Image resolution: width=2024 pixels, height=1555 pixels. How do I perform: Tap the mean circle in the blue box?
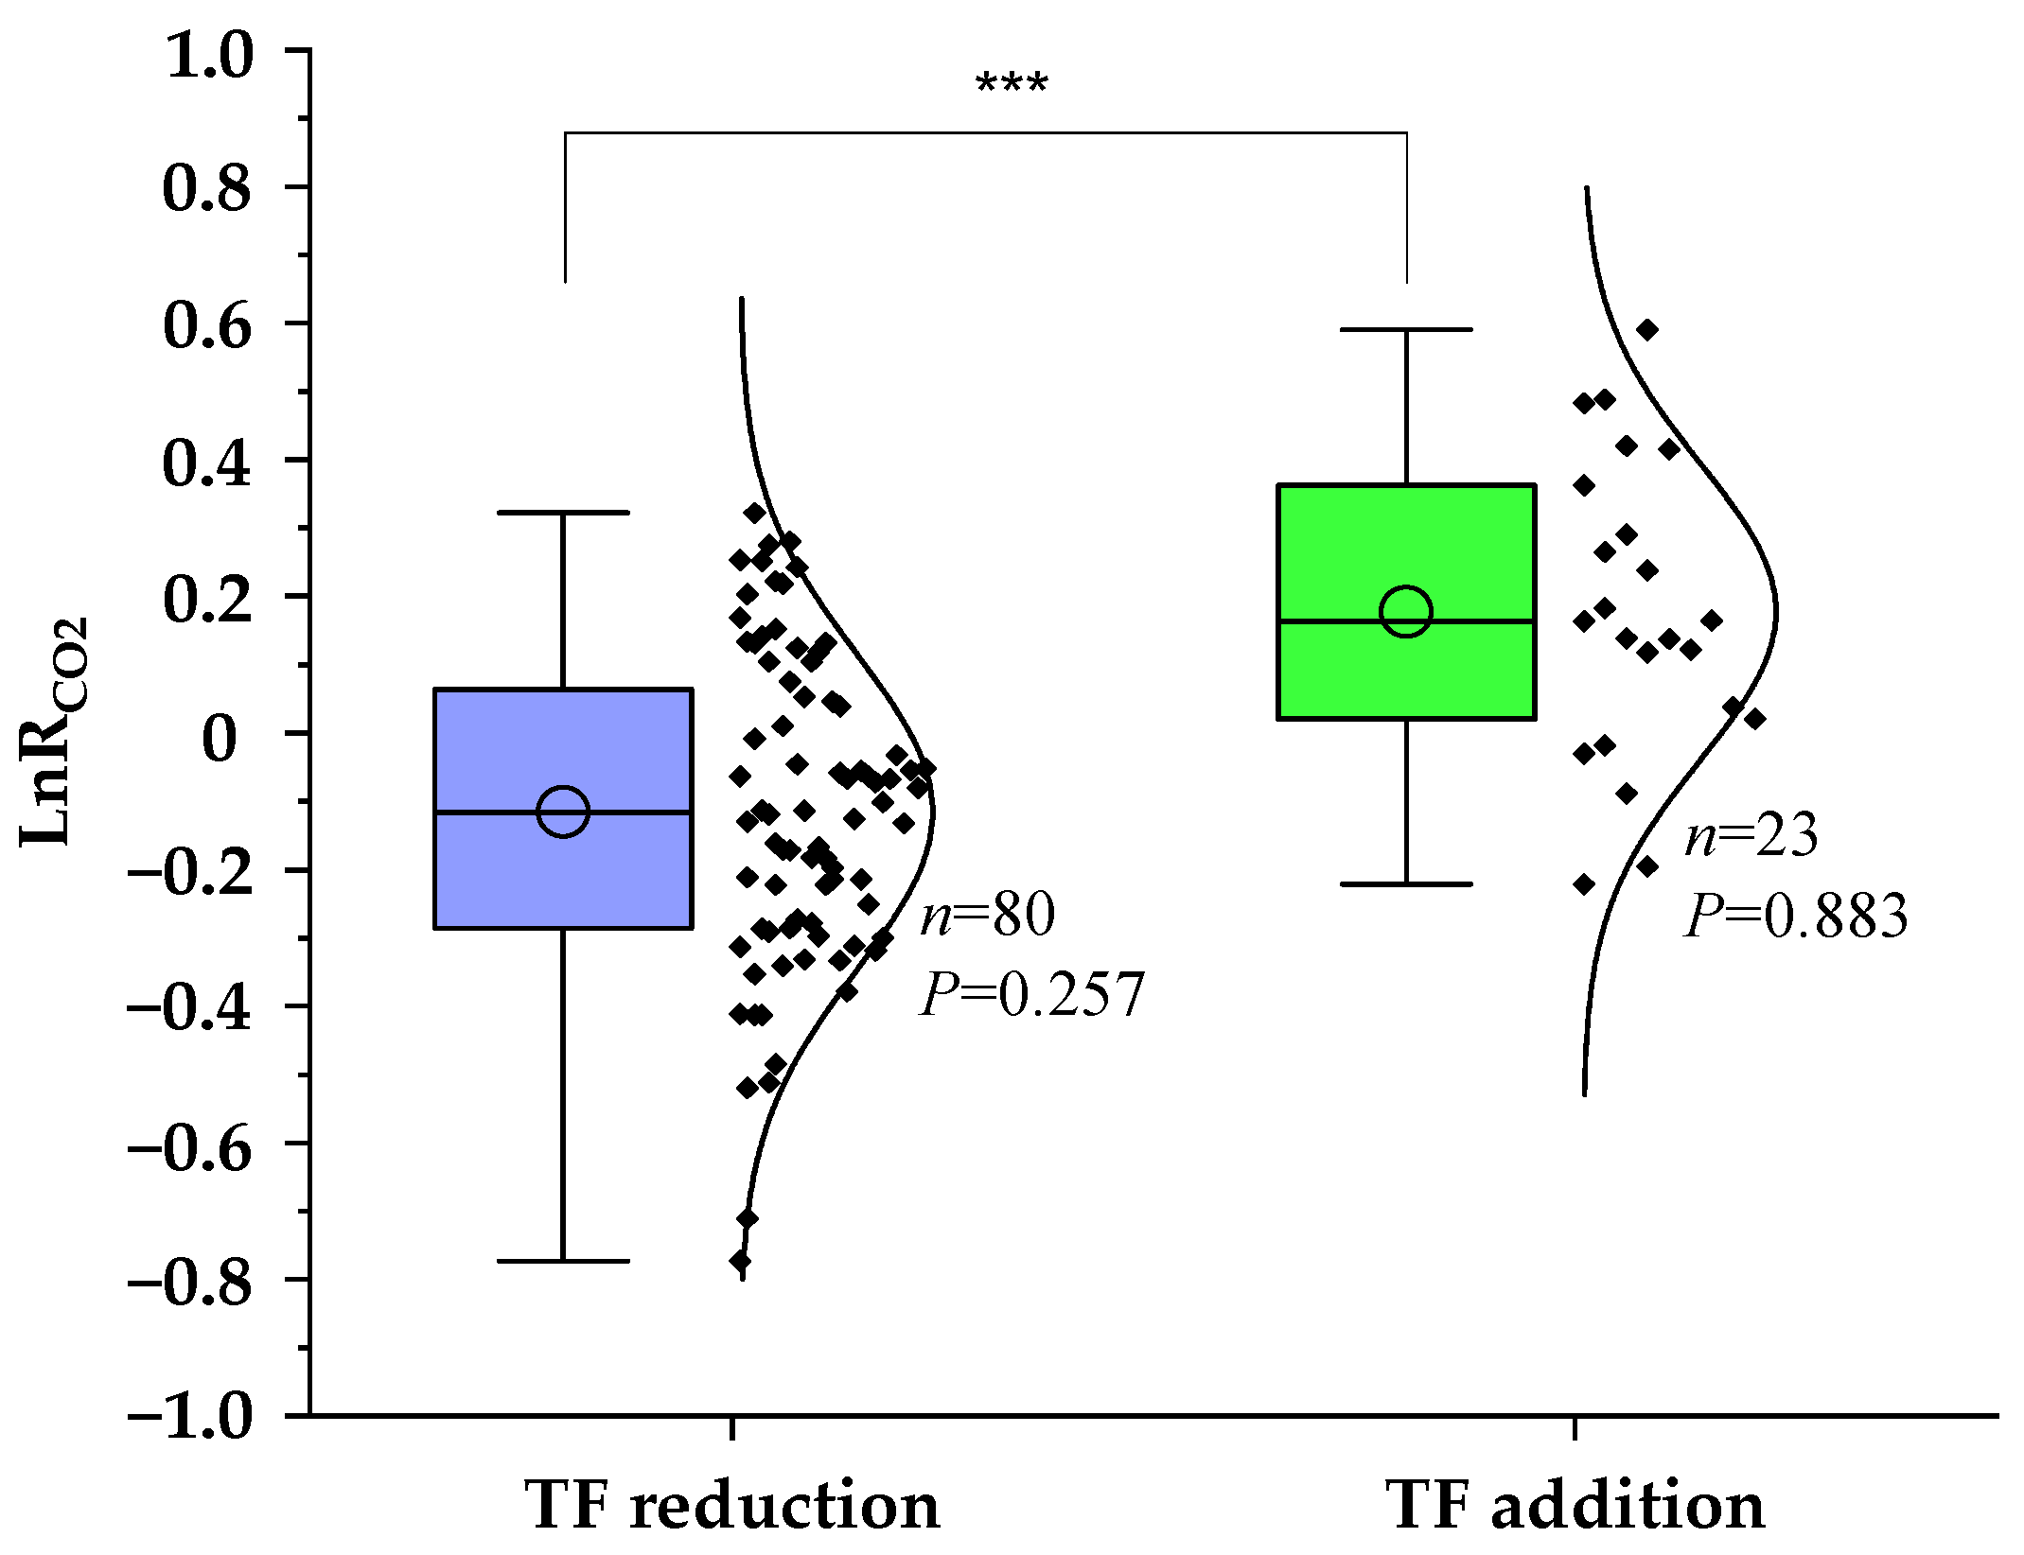(x=563, y=811)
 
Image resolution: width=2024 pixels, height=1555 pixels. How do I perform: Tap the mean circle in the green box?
(x=1406, y=611)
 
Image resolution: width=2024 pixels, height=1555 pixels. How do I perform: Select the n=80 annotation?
(x=988, y=915)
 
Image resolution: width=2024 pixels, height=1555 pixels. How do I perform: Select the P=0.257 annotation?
(x=1032, y=994)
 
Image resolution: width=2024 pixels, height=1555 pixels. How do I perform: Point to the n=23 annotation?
(x=1751, y=836)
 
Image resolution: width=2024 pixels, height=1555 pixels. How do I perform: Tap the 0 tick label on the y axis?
(x=220, y=739)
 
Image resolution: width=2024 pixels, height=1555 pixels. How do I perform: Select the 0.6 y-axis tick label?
(x=209, y=328)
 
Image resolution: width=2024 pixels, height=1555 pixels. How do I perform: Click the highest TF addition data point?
(x=1647, y=329)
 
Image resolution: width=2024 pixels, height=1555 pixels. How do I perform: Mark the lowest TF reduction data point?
(x=740, y=1261)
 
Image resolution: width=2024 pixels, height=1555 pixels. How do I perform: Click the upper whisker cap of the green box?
(x=1406, y=329)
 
